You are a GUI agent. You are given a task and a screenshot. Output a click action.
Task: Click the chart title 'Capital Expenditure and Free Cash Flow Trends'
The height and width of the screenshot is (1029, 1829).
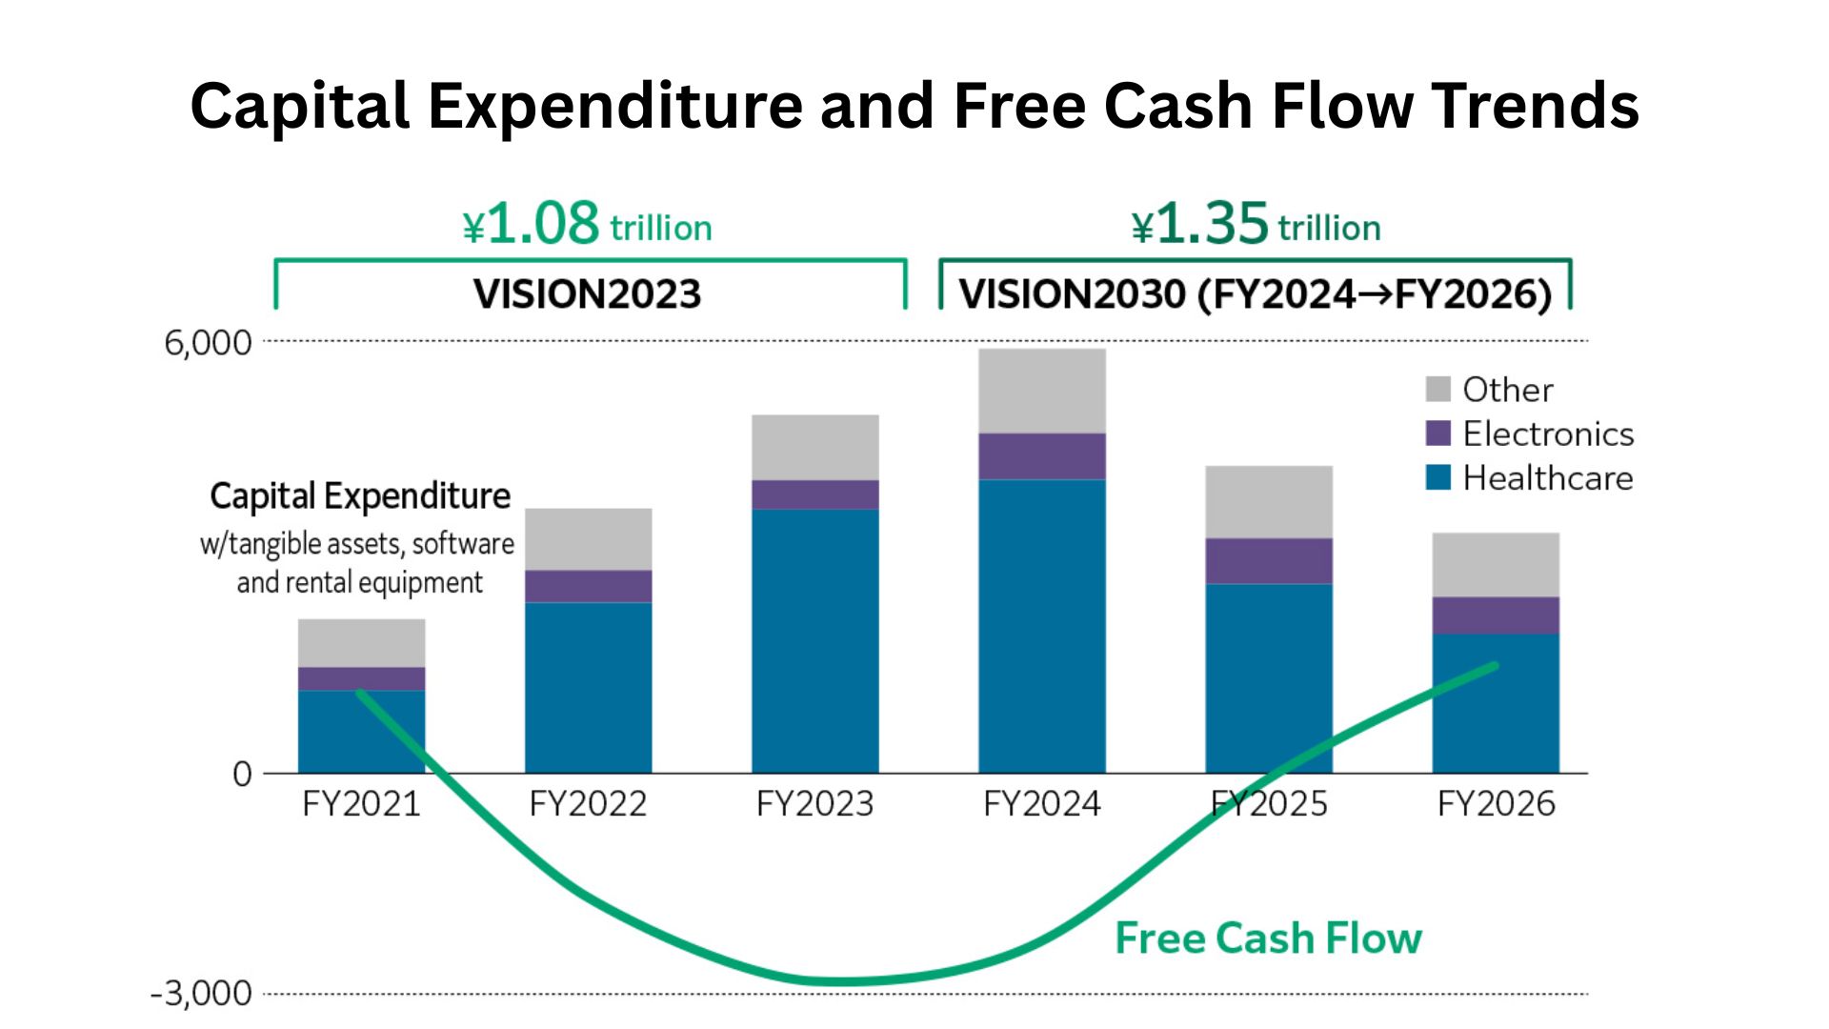tap(914, 105)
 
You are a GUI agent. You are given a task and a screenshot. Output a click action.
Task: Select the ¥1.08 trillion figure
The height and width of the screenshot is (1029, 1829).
tap(587, 225)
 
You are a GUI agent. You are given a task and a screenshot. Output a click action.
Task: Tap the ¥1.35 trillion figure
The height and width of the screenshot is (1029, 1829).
tap(1256, 225)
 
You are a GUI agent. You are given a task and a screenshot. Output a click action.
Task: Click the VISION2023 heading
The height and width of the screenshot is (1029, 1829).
tap(587, 293)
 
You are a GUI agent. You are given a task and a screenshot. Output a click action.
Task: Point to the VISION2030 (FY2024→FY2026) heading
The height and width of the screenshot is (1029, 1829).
tap(1256, 293)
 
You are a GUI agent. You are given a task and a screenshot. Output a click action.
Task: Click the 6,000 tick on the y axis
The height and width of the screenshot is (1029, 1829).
tap(208, 343)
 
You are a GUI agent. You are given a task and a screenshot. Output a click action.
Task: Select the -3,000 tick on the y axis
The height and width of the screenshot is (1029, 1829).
tap(201, 994)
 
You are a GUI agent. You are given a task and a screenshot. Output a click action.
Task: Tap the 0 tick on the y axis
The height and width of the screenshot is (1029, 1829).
tap(242, 774)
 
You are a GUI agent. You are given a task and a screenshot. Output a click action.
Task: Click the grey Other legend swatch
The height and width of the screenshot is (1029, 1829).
tap(1437, 389)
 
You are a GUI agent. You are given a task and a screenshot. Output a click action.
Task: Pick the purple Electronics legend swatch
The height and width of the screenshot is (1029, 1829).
tap(1437, 434)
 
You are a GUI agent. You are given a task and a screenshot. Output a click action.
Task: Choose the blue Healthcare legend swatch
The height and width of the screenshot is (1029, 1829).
tap(1437, 477)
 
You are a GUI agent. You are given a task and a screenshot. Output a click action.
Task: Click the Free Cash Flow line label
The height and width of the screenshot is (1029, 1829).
tap(1268, 938)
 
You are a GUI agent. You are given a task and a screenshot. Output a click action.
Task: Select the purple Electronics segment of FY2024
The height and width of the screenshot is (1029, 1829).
tap(1042, 456)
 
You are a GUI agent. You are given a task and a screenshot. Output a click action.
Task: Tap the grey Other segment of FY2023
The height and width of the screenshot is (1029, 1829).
tap(815, 447)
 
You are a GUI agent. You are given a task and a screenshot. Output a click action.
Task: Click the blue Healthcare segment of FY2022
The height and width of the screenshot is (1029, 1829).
tap(589, 687)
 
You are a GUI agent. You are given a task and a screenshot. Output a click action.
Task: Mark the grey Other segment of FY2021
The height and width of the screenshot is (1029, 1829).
tap(362, 643)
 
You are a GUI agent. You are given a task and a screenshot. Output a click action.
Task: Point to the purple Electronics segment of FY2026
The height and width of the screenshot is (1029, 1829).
tap(1496, 615)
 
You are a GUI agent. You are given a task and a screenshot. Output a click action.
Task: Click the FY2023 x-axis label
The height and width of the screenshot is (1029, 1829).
tap(815, 804)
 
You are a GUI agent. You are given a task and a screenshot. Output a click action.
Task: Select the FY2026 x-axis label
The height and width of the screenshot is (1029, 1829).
tap(1496, 804)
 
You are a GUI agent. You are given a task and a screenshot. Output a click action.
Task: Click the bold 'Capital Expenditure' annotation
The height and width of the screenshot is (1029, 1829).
tap(360, 496)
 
